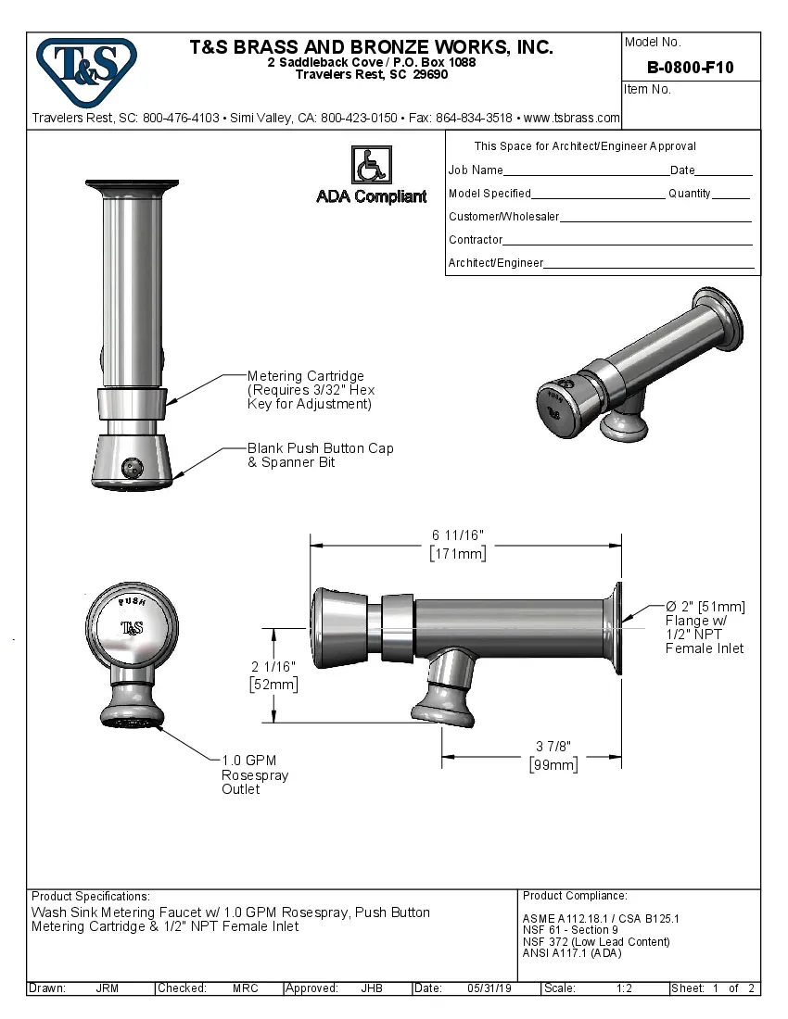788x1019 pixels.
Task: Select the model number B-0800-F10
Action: [x=690, y=67]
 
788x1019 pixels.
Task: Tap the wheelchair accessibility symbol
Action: [x=371, y=165]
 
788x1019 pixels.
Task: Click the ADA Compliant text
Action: [x=372, y=196]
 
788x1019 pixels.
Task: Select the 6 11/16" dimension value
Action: [x=457, y=535]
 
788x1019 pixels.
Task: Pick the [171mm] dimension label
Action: [x=457, y=554]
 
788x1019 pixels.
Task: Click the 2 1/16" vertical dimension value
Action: [x=273, y=666]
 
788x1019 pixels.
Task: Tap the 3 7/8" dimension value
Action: [x=553, y=747]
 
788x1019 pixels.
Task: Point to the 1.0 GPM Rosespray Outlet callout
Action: [x=254, y=774]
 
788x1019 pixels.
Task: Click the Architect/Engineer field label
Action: [x=496, y=263]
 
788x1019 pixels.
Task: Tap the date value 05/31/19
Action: [x=490, y=988]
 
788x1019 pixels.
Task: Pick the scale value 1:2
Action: [x=624, y=988]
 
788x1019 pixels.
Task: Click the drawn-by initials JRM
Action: [x=107, y=988]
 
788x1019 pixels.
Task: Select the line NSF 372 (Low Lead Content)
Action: [x=595, y=942]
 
